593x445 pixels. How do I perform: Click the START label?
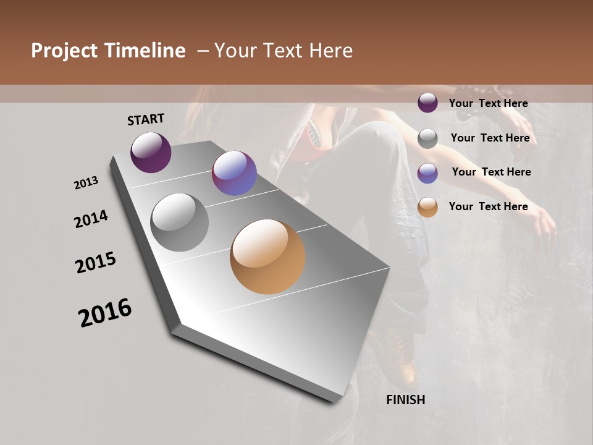pyautogui.click(x=146, y=119)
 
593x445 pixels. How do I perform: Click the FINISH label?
pyautogui.click(x=405, y=400)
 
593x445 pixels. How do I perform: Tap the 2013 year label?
pyautogui.click(x=86, y=183)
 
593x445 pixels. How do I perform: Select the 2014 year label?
pyautogui.click(x=91, y=219)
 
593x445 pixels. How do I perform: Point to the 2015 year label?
pyautogui.click(x=96, y=263)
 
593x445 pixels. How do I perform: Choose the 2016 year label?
pyautogui.click(x=105, y=313)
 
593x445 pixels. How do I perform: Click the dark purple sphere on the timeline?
pyautogui.click(x=151, y=152)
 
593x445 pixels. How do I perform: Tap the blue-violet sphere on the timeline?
pyautogui.click(x=234, y=173)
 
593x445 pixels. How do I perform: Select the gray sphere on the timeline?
pyautogui.click(x=180, y=222)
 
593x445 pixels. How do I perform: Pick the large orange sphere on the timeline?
pyautogui.click(x=267, y=256)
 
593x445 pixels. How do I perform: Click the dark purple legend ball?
pyautogui.click(x=427, y=103)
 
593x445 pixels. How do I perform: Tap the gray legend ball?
pyautogui.click(x=427, y=138)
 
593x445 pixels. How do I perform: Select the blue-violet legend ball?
pyautogui.click(x=427, y=173)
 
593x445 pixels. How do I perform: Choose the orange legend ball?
pyautogui.click(x=427, y=208)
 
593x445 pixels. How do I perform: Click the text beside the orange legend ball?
pyautogui.click(x=488, y=206)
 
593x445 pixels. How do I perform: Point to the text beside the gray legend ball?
pyautogui.click(x=490, y=138)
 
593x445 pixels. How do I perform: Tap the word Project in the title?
pyautogui.click(x=64, y=51)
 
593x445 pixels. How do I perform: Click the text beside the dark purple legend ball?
pyautogui.click(x=488, y=103)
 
